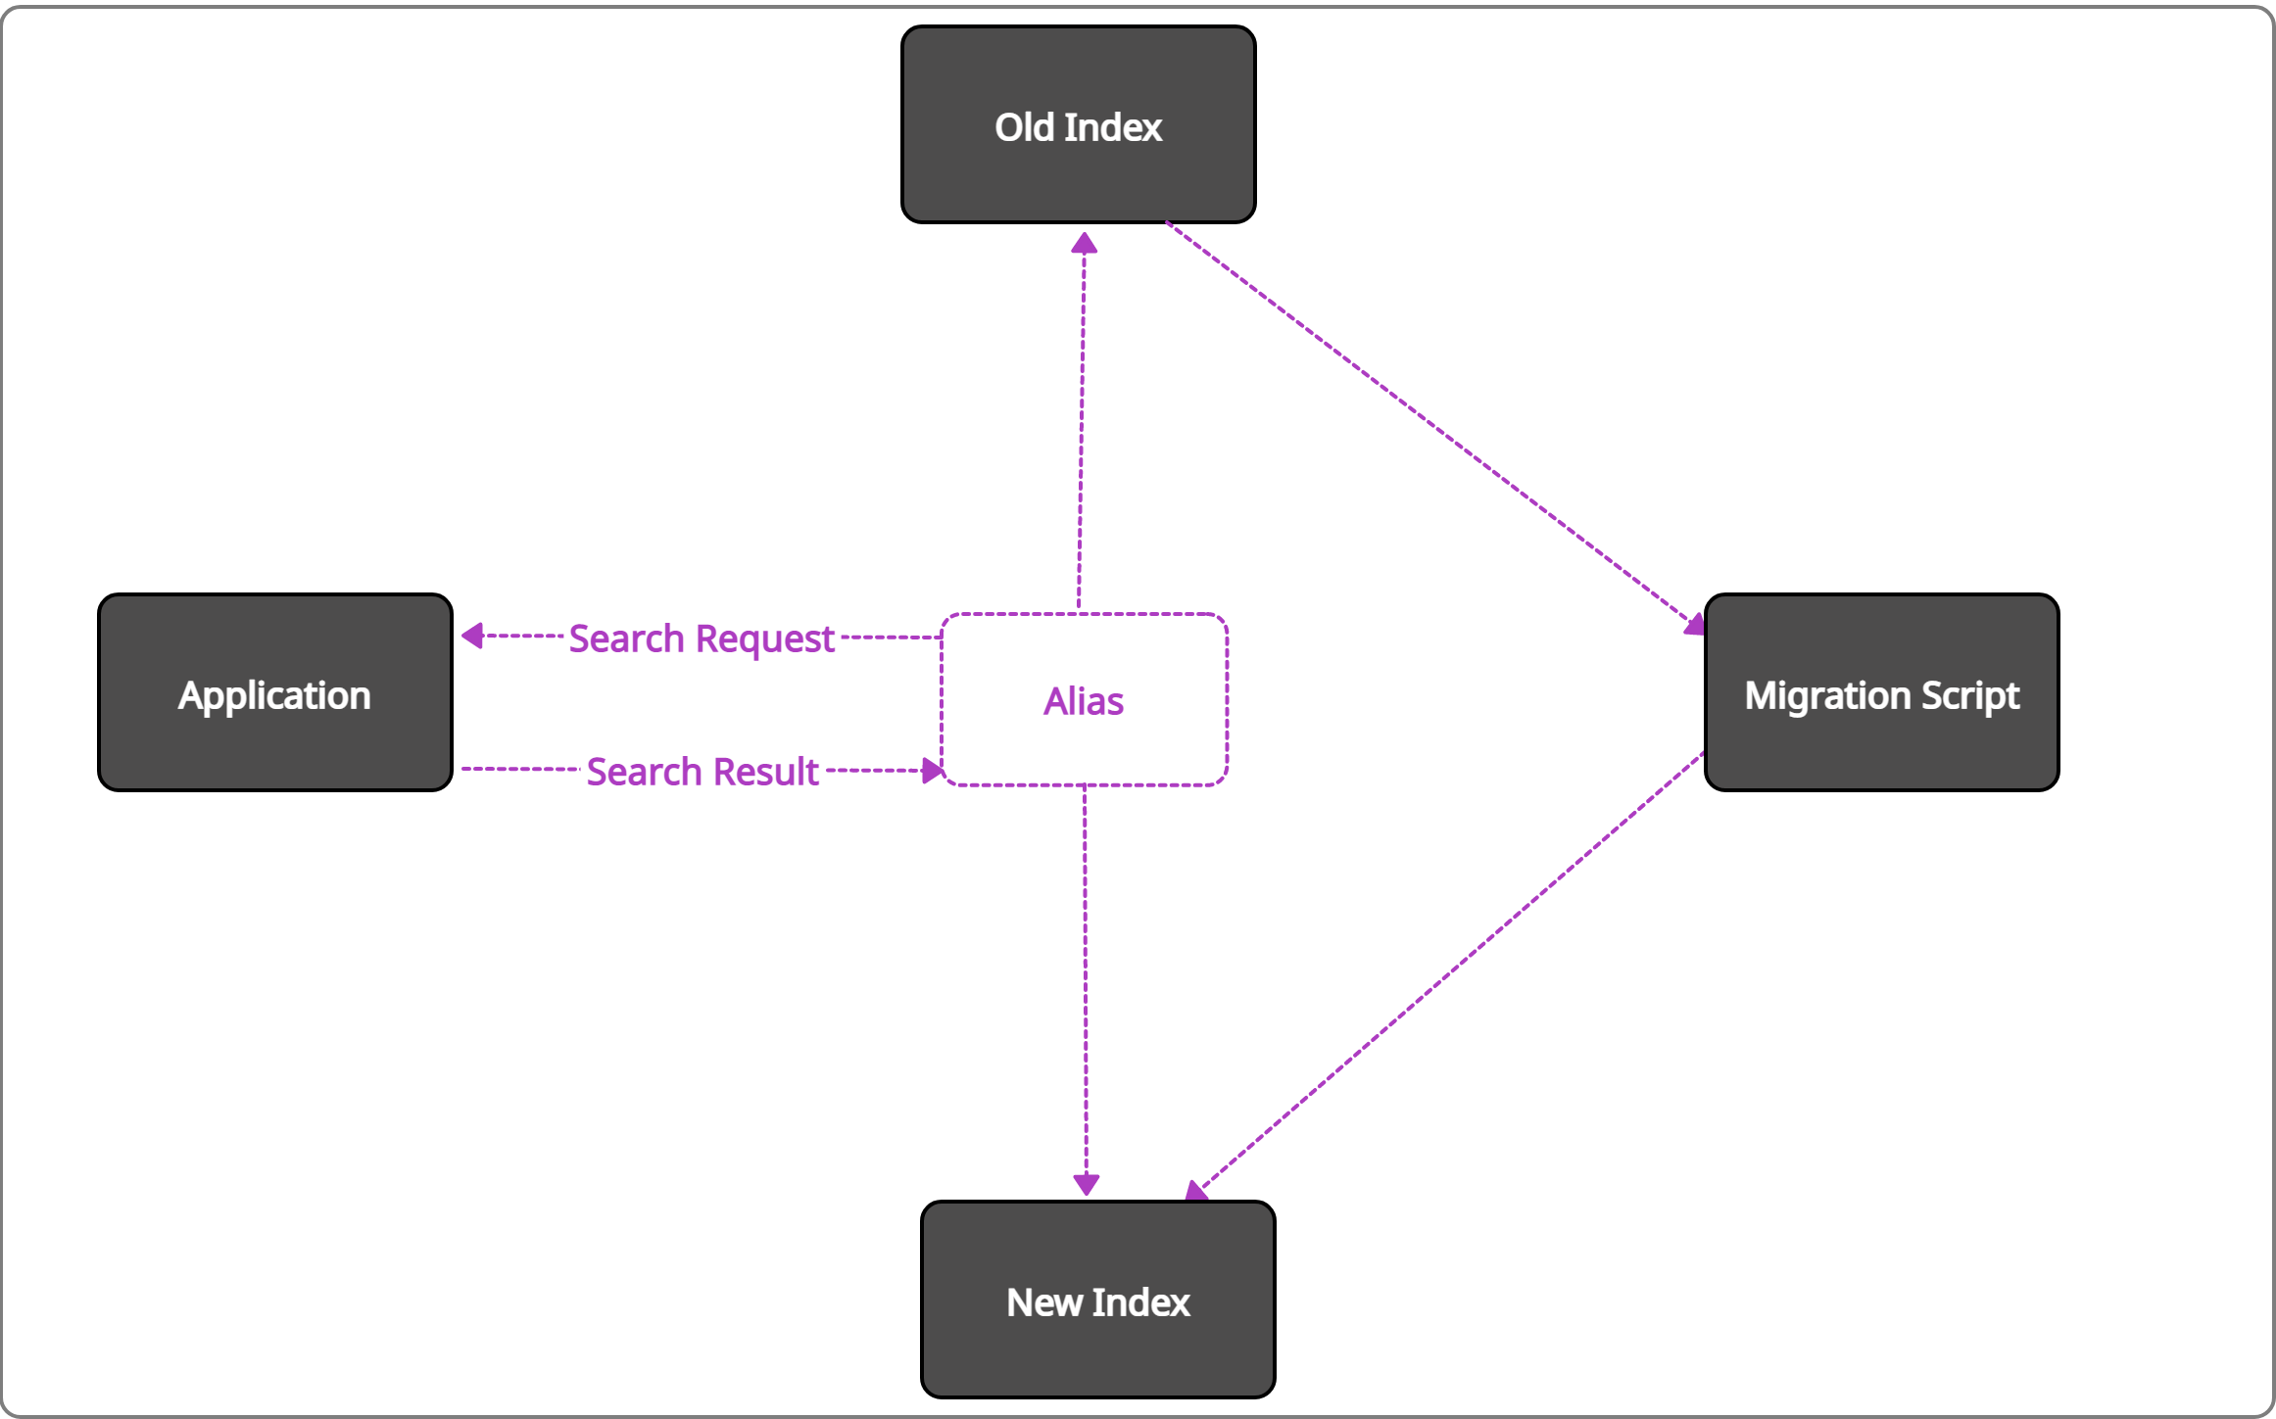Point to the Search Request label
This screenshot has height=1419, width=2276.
click(x=702, y=639)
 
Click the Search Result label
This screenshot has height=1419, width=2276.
click(x=702, y=772)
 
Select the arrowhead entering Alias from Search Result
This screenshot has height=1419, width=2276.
click(x=932, y=771)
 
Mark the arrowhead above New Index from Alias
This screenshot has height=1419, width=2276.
click(x=1086, y=1184)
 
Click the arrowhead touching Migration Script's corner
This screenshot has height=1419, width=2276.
click(x=1694, y=625)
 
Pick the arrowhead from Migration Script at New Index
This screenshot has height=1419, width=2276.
click(x=1196, y=1191)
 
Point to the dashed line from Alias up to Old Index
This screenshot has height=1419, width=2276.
click(x=1082, y=421)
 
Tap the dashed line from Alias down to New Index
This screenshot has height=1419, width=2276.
click(x=1085, y=979)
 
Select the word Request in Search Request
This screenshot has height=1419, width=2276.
click(x=765, y=639)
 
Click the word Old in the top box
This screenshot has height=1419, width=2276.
click(x=1024, y=127)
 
